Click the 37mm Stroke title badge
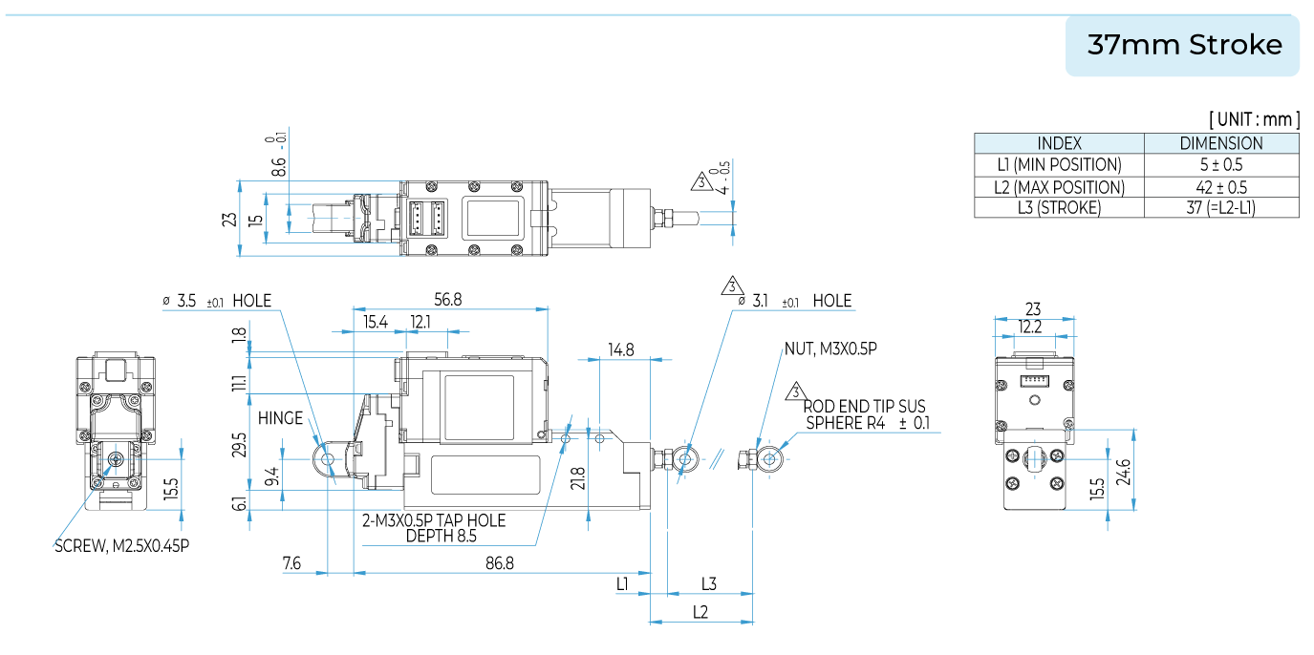[1184, 45]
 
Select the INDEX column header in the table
[1059, 143]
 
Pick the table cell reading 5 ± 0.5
[1220, 164]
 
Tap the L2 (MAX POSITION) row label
[1059, 187]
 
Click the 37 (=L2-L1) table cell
[1220, 207]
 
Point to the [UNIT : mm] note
[1254, 119]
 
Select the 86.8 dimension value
[499, 563]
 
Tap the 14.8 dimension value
[621, 349]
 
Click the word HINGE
[280, 418]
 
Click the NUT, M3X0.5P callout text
[829, 349]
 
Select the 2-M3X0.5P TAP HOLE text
[434, 521]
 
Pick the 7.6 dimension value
[292, 563]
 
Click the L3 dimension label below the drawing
[709, 582]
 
